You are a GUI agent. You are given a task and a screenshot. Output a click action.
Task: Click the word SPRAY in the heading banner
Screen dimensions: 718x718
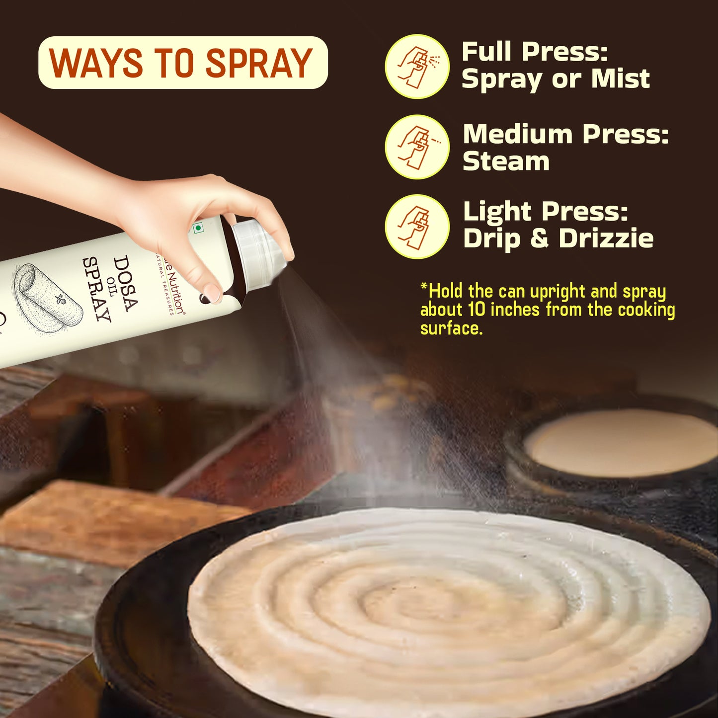(x=259, y=63)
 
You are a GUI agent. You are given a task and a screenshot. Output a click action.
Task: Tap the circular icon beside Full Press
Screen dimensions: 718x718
(x=417, y=67)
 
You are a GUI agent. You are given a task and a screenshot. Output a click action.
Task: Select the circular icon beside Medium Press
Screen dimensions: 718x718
(x=417, y=147)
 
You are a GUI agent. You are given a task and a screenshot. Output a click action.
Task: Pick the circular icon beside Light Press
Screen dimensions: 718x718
(x=417, y=227)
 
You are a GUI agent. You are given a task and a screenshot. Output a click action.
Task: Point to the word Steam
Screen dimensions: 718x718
(x=506, y=161)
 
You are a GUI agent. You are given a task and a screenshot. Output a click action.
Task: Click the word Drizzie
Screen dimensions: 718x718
(x=606, y=238)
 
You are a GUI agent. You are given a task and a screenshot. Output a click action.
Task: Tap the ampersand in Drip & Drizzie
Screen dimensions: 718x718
(x=539, y=238)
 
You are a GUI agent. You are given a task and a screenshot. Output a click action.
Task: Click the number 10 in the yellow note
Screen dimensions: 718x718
(x=477, y=310)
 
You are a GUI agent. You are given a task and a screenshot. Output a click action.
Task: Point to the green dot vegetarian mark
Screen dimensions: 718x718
(x=198, y=228)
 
